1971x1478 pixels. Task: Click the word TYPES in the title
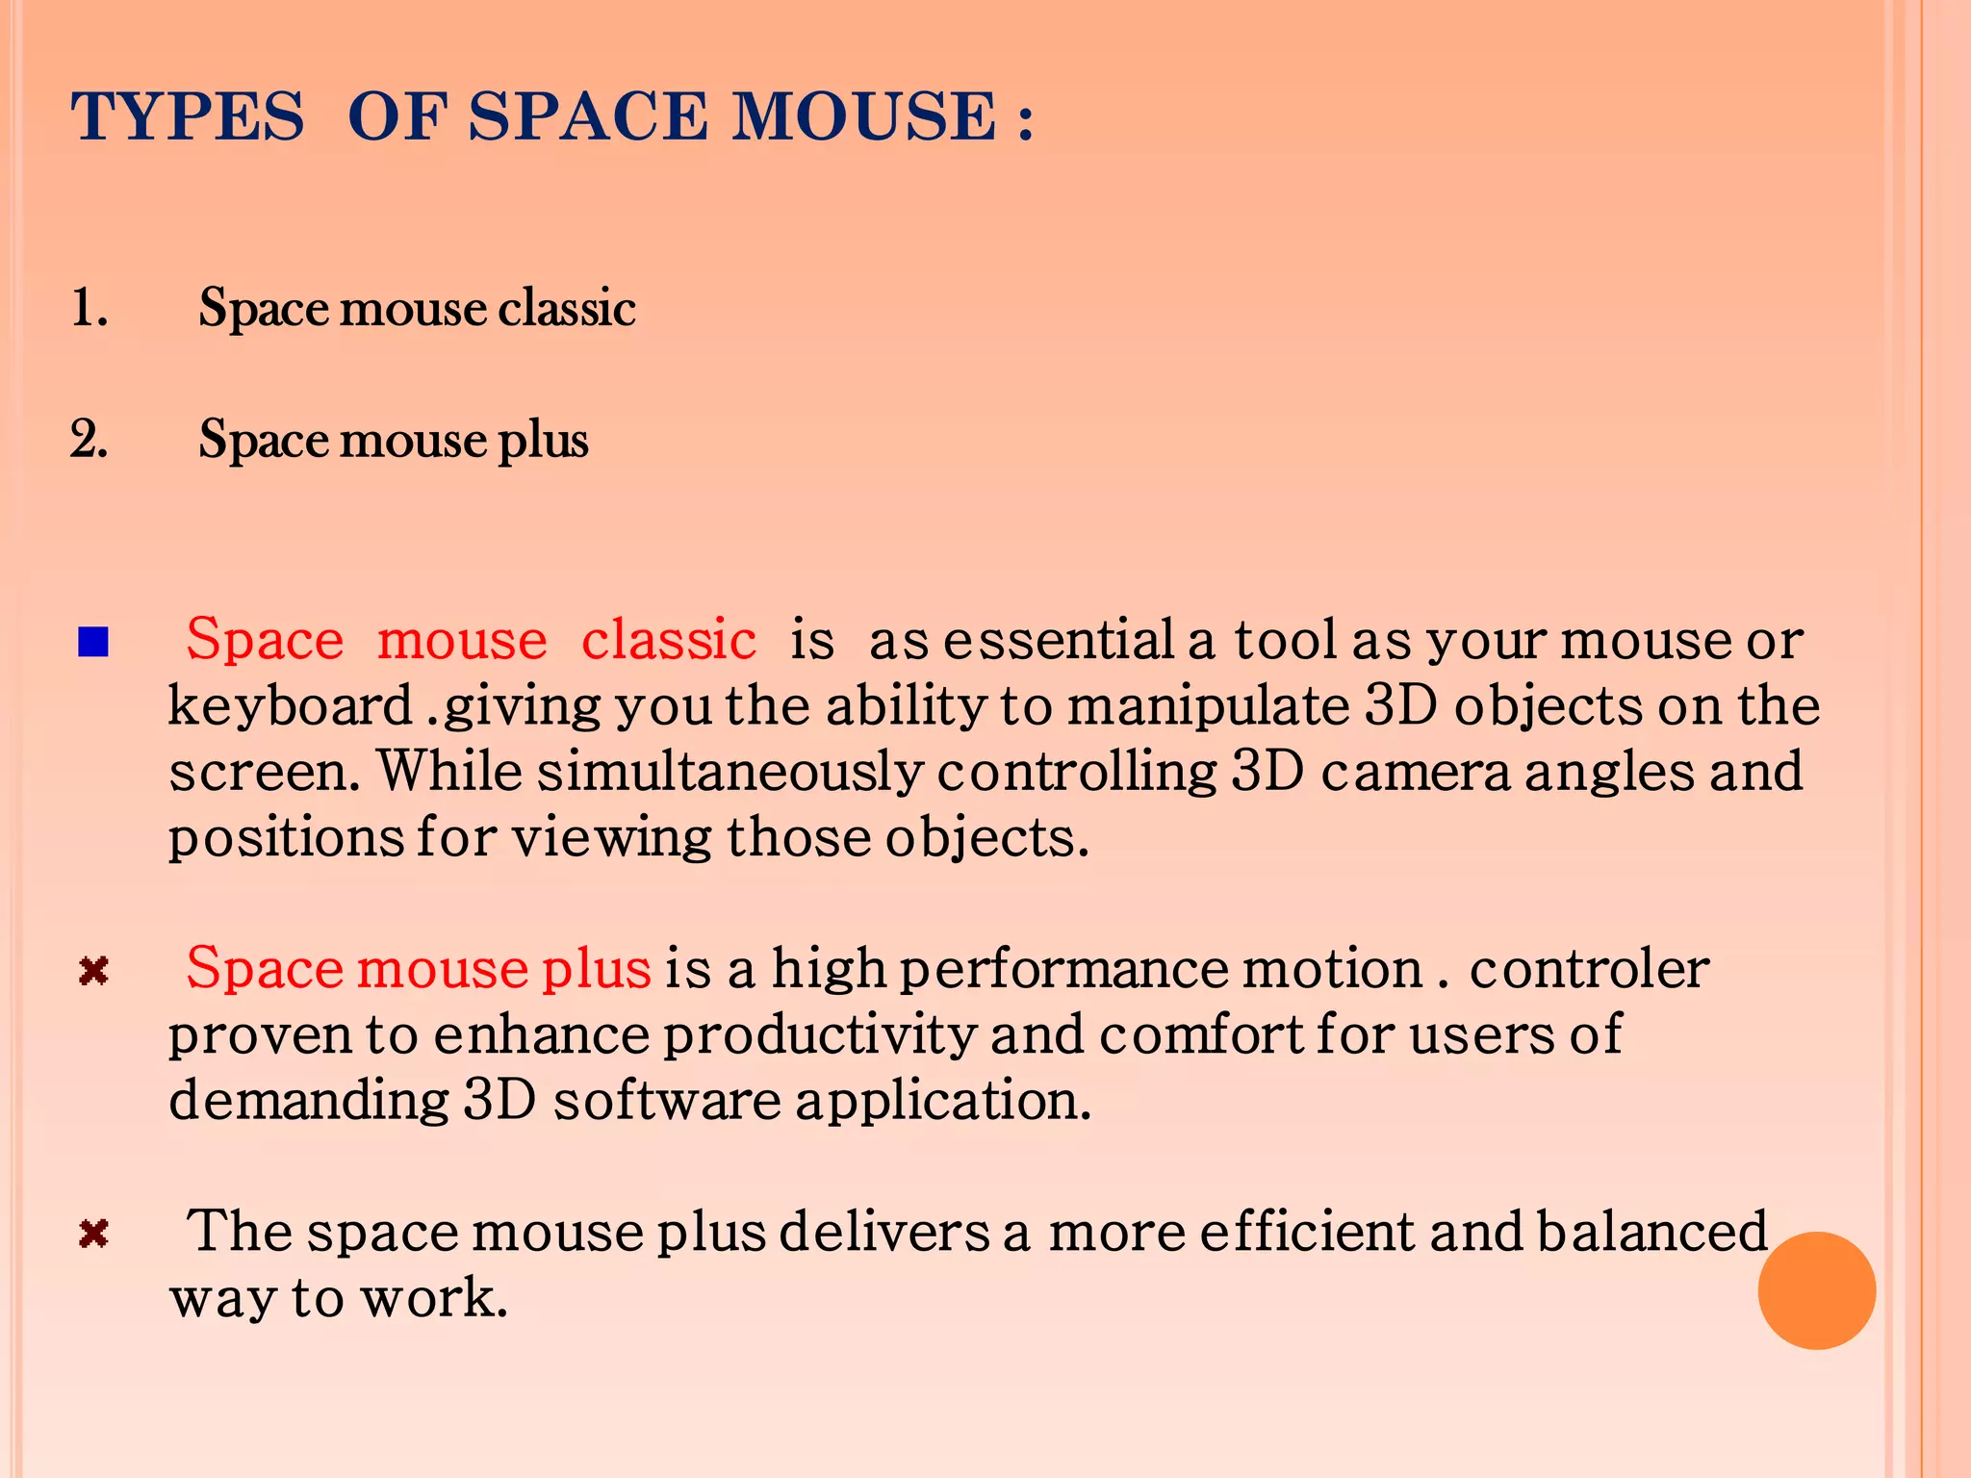pos(188,117)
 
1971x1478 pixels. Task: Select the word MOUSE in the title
pos(863,117)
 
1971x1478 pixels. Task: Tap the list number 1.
pos(89,309)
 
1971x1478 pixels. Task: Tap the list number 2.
pos(89,440)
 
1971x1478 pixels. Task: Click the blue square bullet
pos(93,642)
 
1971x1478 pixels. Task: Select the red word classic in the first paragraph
pos(669,640)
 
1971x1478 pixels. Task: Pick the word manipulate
pos(1209,706)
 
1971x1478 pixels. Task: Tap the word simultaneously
pos(730,772)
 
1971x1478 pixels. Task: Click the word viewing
pos(612,837)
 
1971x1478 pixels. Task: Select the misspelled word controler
pos(1589,969)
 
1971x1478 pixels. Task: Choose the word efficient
pos(1308,1232)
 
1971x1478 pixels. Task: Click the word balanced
pos(1651,1232)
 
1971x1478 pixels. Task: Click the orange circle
pos(1816,1290)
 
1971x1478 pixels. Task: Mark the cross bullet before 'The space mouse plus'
pos(93,1233)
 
